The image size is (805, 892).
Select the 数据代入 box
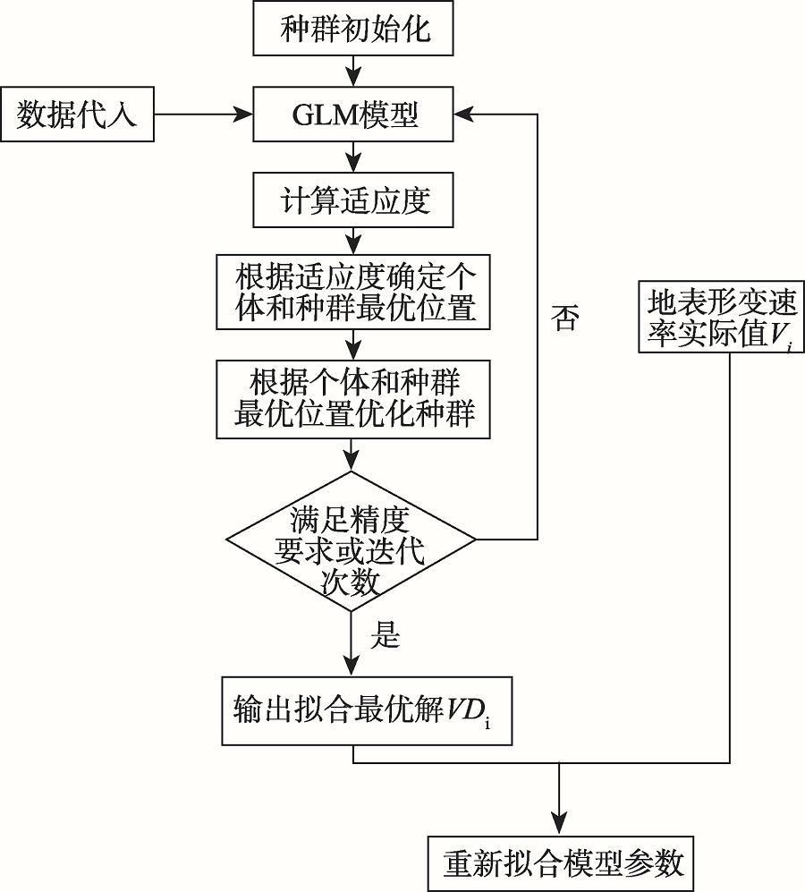tap(77, 115)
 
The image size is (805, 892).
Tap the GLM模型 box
tap(356, 115)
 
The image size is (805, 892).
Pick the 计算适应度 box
tap(356, 200)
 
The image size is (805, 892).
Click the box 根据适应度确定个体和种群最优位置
tap(356, 292)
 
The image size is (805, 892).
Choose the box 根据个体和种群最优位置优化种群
tap(356, 397)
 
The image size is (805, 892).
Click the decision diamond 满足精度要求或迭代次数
tap(351, 540)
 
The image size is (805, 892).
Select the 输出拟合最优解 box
tap(367, 710)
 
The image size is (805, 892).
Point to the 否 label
tap(564, 319)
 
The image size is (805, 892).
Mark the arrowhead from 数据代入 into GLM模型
tap(244, 115)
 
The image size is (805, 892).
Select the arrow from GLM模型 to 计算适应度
tap(356, 157)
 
